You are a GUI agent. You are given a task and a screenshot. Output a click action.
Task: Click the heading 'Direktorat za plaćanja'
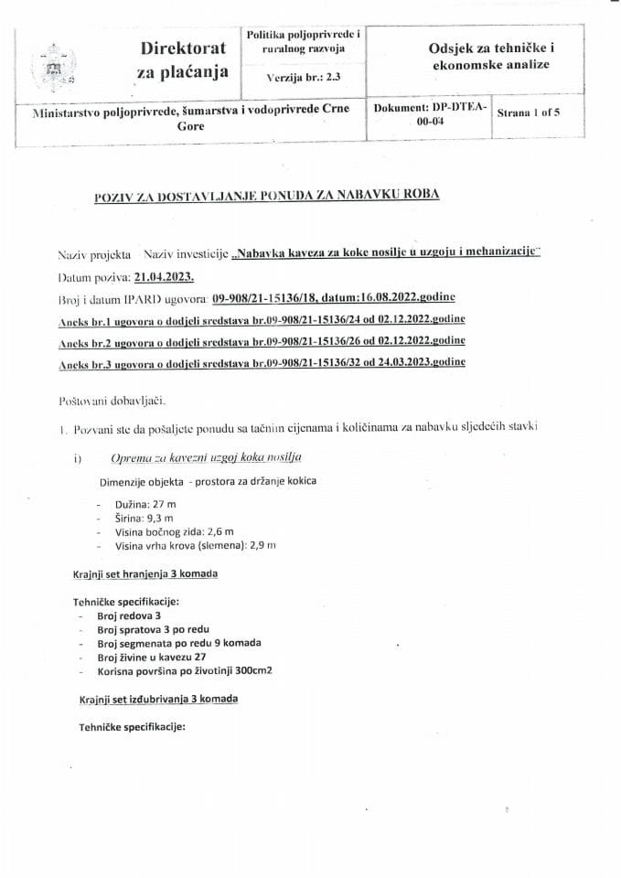(x=184, y=59)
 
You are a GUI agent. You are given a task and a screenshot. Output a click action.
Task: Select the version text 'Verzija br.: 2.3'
(x=303, y=79)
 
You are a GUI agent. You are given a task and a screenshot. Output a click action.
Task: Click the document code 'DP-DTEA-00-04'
(x=431, y=114)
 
